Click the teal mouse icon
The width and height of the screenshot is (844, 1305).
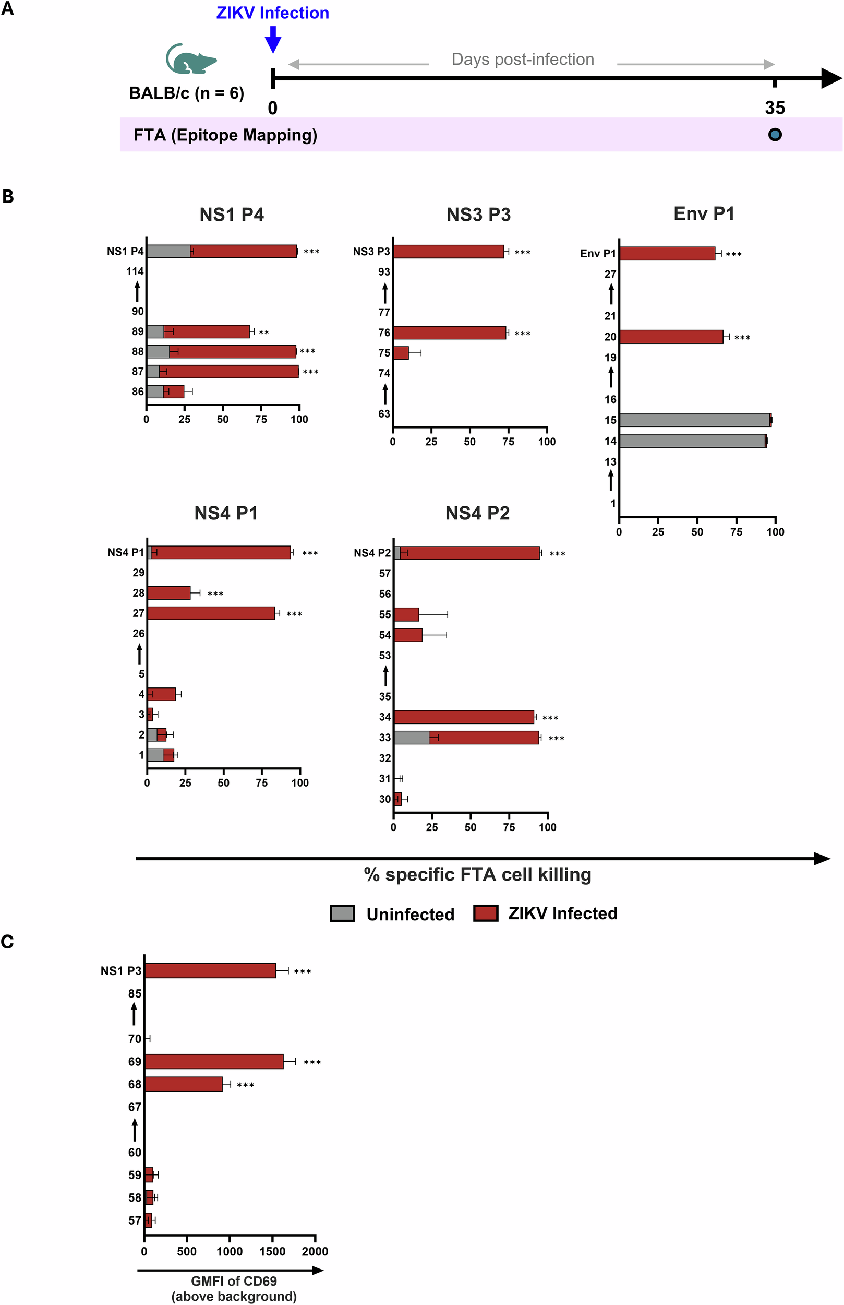pos(191,59)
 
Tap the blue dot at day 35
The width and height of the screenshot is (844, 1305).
pos(775,134)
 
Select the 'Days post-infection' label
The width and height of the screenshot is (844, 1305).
pos(522,59)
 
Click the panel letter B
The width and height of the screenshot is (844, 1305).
pos(8,196)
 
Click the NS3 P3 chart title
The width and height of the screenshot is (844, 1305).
pos(478,215)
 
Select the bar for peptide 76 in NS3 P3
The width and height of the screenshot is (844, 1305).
pos(450,333)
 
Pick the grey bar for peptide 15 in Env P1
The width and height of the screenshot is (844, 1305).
pos(694,420)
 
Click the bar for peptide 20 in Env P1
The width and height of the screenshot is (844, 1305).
pos(671,337)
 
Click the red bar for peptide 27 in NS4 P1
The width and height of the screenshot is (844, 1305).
pos(211,613)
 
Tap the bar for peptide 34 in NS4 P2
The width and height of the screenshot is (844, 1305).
pos(464,717)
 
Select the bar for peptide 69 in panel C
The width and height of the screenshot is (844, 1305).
pos(214,1061)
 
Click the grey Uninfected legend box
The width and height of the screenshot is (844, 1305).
pos(343,913)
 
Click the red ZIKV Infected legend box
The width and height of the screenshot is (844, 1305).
pos(486,913)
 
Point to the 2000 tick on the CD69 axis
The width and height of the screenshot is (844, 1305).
pos(315,1251)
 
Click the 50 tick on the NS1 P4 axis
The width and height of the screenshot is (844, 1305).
pos(223,420)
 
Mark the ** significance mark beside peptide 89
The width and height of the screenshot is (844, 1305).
pos(263,333)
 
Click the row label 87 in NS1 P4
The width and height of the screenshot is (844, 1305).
pos(138,371)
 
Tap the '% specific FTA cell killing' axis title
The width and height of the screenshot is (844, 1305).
pos(477,874)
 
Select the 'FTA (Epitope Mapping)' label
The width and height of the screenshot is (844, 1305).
pos(225,135)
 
